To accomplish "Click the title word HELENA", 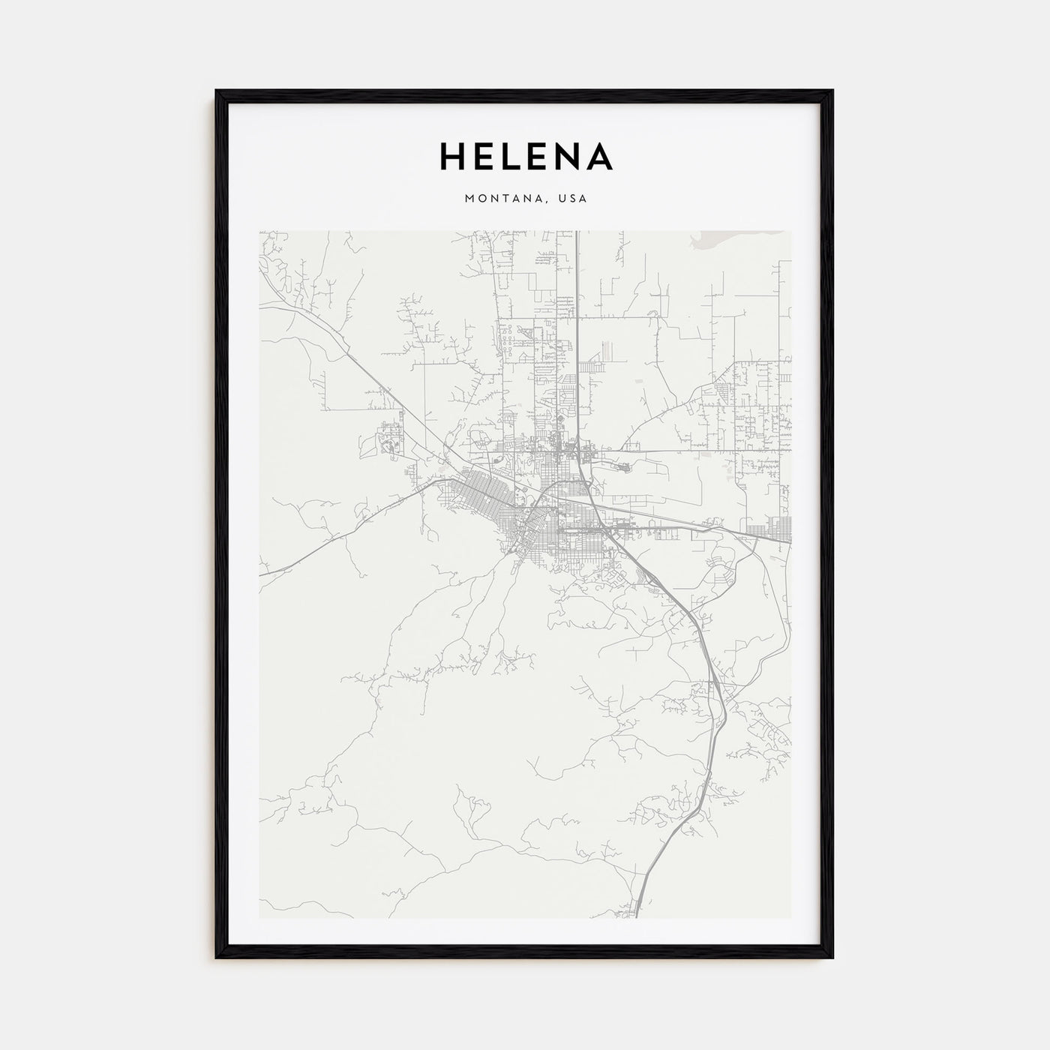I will [526, 157].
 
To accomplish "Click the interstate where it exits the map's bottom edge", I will [637, 915].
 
